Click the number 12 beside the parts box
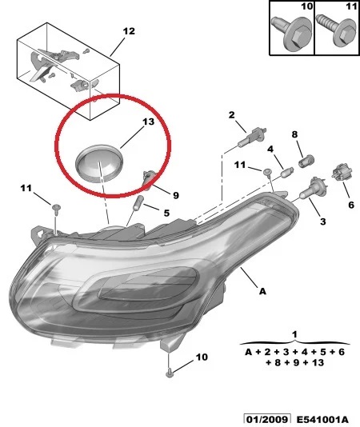click(129, 31)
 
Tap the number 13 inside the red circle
click(149, 122)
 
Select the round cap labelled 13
click(99, 163)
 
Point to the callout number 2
click(231, 115)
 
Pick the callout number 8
click(294, 134)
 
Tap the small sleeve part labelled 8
click(307, 161)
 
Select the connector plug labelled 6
click(342, 173)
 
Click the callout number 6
click(351, 205)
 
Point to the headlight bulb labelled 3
click(313, 188)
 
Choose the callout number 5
click(166, 213)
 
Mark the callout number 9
click(176, 195)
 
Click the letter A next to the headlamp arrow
click(262, 291)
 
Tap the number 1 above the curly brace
click(294, 334)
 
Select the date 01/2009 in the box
click(267, 420)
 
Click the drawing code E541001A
click(322, 420)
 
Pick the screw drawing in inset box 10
click(291, 33)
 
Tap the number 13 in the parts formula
click(318, 362)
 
